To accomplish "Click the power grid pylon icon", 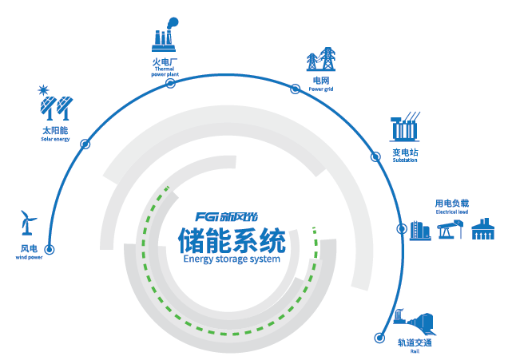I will [321, 61].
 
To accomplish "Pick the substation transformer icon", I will [404, 130].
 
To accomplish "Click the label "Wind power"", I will [29, 257].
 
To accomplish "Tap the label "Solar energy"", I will [55, 139].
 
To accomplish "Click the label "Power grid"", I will [321, 89].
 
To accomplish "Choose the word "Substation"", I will [404, 160].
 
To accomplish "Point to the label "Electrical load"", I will [451, 212].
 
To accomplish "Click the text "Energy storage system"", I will [232, 259].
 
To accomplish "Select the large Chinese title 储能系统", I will [232, 240].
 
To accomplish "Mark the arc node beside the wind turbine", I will [50, 250].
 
